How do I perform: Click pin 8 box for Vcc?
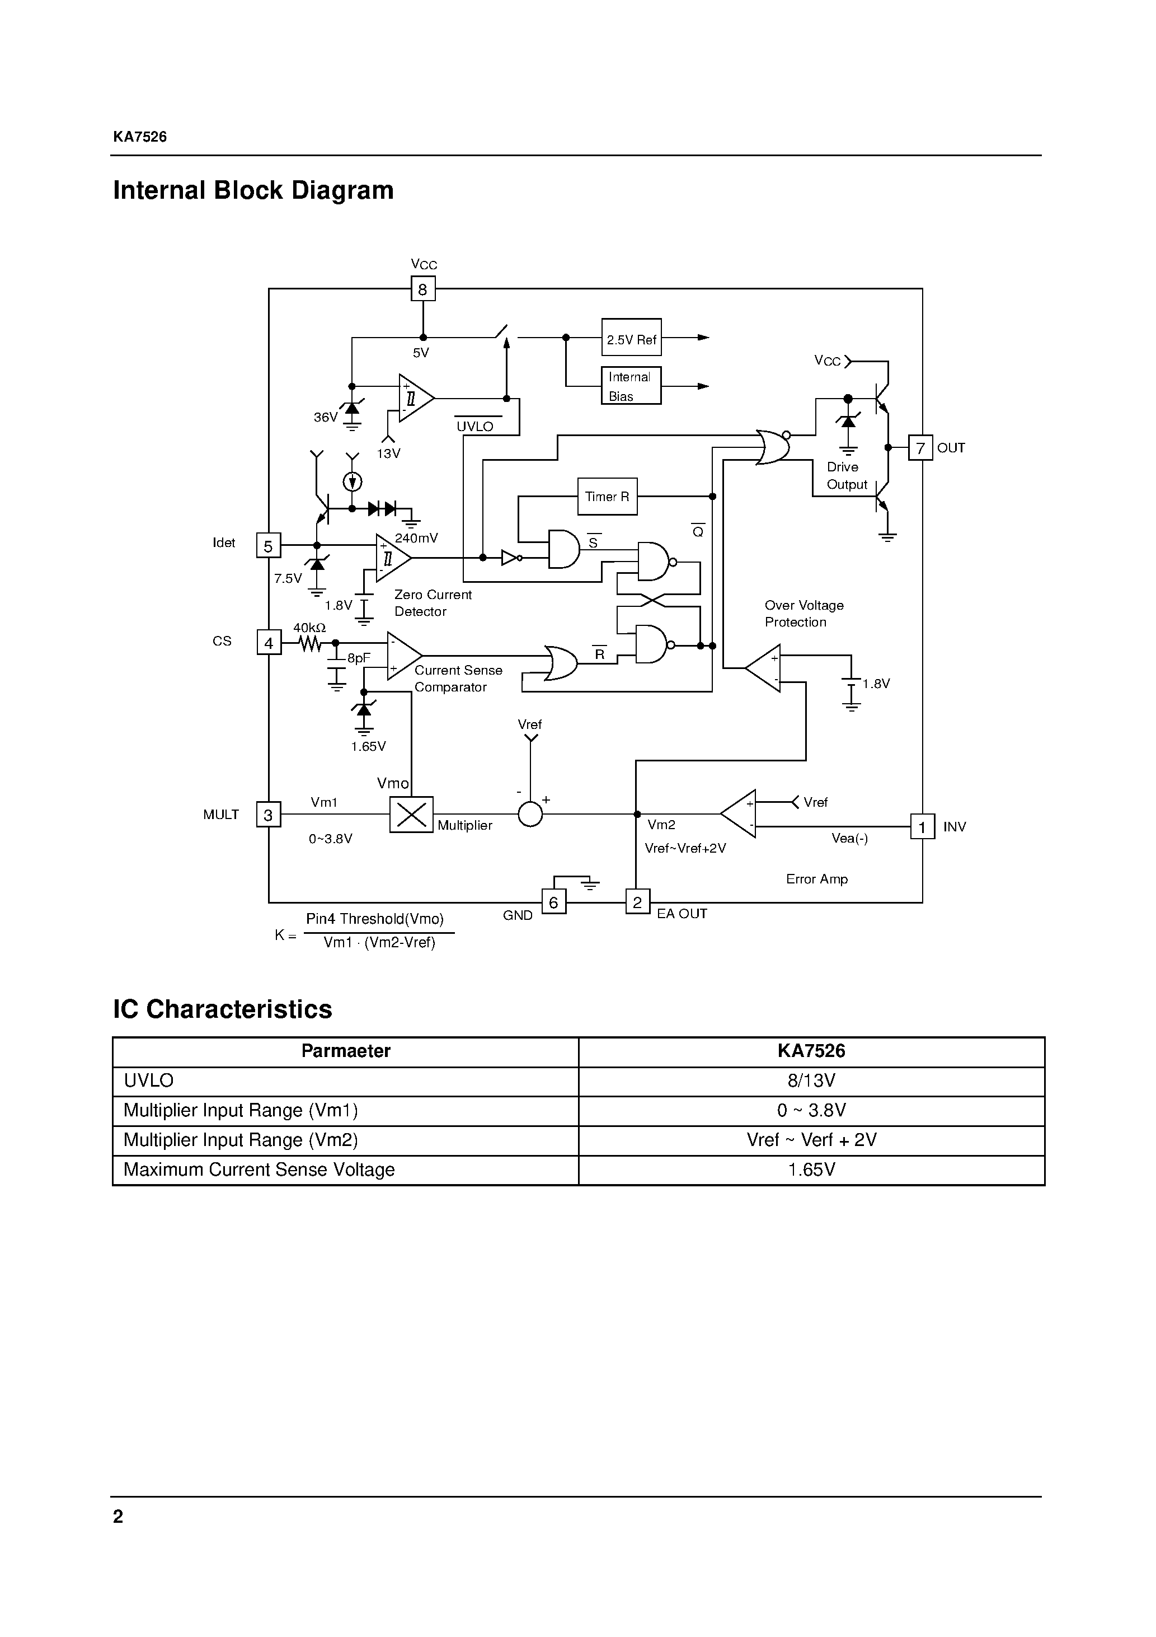(x=422, y=289)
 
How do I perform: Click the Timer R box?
(x=607, y=496)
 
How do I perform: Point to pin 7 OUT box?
(x=920, y=448)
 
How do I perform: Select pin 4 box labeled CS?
(x=269, y=642)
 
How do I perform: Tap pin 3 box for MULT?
(x=269, y=815)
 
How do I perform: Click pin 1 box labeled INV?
(x=922, y=827)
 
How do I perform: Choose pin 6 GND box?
(x=554, y=902)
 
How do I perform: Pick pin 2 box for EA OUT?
(x=637, y=902)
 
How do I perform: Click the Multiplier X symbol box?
(x=411, y=814)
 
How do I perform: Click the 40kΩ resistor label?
(x=309, y=628)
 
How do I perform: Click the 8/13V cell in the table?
(x=811, y=1081)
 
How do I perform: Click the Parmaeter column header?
(x=346, y=1051)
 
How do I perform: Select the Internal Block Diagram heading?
(x=253, y=190)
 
